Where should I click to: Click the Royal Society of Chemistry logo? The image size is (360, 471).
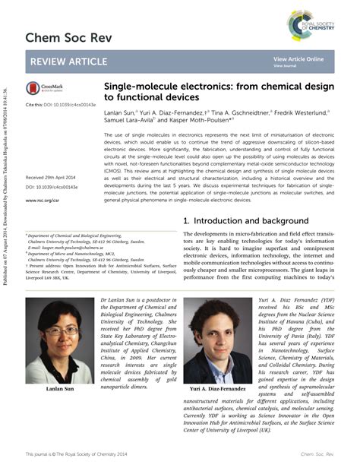pyautogui.click(x=311, y=24)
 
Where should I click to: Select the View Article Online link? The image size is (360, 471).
pyautogui.click(x=298, y=58)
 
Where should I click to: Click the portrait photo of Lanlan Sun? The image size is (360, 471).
pyautogui.click(x=59, y=342)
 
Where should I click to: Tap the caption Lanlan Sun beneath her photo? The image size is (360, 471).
pyautogui.click(x=60, y=390)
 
